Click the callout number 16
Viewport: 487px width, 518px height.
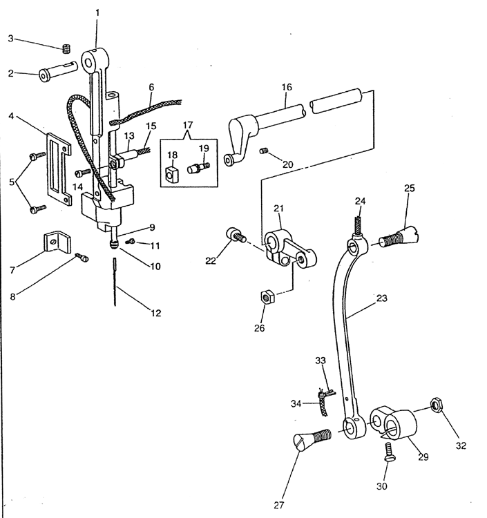[x=287, y=87]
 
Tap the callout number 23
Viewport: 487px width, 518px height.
[x=381, y=298]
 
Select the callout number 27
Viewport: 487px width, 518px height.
[x=279, y=505]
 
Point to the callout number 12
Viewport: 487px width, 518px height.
[x=155, y=313]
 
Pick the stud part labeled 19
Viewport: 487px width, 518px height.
[x=198, y=168]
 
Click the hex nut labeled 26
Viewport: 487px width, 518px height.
[x=267, y=296]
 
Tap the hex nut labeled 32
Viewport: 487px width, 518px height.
[x=437, y=405]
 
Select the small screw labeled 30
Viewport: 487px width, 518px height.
[x=389, y=452]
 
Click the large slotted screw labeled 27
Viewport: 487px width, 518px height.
[x=312, y=440]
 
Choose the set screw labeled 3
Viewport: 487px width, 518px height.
[x=67, y=49]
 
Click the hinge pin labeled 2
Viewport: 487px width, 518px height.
[x=58, y=71]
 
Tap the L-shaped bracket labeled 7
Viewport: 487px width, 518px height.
[x=57, y=242]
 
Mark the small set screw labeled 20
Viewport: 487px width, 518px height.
[x=263, y=151]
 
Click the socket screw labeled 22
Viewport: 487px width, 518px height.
[x=236, y=236]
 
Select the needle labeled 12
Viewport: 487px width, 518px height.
[x=115, y=282]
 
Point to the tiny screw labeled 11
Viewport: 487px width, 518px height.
[x=131, y=242]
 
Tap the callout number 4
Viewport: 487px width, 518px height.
[x=11, y=116]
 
